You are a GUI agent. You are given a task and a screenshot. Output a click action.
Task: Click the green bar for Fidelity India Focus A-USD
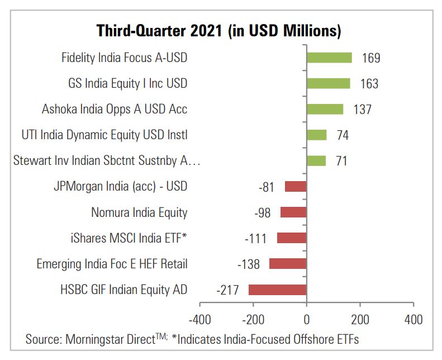click(x=329, y=58)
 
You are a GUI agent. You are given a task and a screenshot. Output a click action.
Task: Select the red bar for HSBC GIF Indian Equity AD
click(x=277, y=290)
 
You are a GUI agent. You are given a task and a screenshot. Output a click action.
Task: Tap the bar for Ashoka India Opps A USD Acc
click(x=325, y=109)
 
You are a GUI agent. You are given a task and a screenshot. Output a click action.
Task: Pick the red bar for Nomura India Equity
click(x=293, y=212)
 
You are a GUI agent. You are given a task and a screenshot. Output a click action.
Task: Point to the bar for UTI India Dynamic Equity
click(x=316, y=135)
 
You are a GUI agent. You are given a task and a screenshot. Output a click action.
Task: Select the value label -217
click(x=227, y=290)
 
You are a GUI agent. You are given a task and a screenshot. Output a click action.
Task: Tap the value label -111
click(x=256, y=239)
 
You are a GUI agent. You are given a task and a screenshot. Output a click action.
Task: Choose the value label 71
click(x=341, y=161)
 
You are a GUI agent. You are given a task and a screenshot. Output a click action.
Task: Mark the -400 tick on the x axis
click(x=199, y=320)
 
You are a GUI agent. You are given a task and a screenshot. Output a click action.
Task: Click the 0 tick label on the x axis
click(x=306, y=320)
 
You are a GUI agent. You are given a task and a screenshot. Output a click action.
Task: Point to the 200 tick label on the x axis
click(x=360, y=320)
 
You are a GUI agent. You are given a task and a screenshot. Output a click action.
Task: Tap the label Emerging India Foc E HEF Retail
click(x=112, y=264)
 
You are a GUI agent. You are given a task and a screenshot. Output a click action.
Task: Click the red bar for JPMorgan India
click(x=296, y=187)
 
